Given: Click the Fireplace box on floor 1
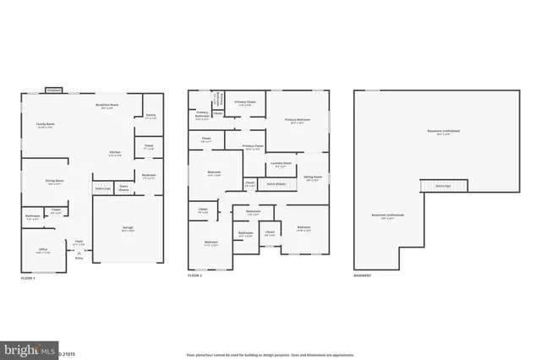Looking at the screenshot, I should click(x=52, y=90).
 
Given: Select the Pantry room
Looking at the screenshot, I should click(x=150, y=117).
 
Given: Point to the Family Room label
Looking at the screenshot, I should click(x=46, y=126).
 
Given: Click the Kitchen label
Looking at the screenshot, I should click(x=114, y=154).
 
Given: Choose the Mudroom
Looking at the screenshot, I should click(x=149, y=177).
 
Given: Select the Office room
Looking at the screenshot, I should click(x=43, y=250).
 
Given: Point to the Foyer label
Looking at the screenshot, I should click(x=79, y=241).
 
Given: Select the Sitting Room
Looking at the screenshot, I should click(x=313, y=178).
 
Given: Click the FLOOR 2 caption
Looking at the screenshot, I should click(x=195, y=276).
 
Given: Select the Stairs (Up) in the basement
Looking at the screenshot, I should click(x=442, y=186).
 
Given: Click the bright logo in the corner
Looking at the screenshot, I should click(x=24, y=348).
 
